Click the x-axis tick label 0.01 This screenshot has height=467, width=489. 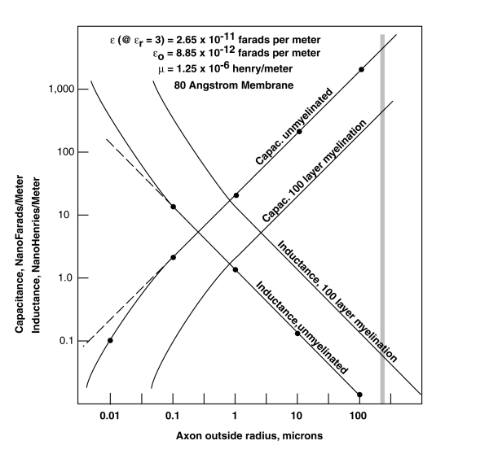pyautogui.click(x=110, y=417)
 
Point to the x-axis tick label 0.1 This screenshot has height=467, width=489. pyautogui.click(x=173, y=417)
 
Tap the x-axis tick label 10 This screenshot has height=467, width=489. pyautogui.click(x=297, y=417)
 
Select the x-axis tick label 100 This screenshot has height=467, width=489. pyautogui.click(x=359, y=417)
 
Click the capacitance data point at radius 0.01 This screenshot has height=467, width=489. pyautogui.click(x=110, y=340)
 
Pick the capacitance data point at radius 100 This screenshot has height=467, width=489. pyautogui.click(x=361, y=70)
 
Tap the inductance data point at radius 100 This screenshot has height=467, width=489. pyautogui.click(x=359, y=395)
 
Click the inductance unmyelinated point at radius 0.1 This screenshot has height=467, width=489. pyautogui.click(x=173, y=207)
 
